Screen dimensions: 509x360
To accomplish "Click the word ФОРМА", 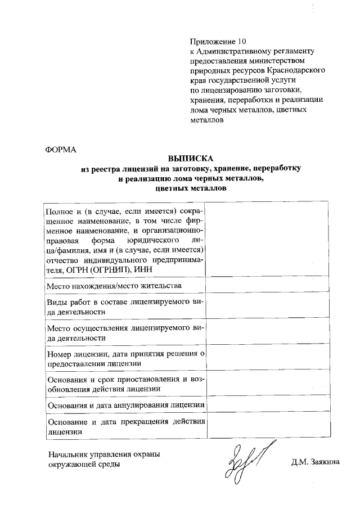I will point(59,149).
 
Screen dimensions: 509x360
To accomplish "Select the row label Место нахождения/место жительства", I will point(114,286).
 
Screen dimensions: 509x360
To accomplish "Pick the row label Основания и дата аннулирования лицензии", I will point(125,405).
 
